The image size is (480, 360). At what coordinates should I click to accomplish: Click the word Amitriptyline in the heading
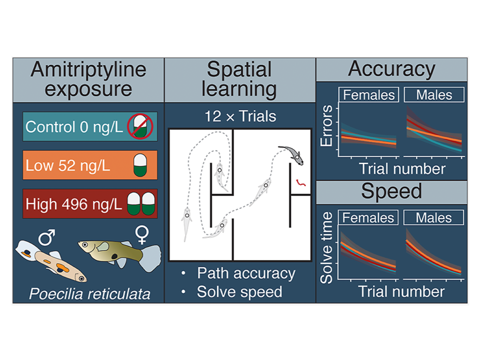pos(89,69)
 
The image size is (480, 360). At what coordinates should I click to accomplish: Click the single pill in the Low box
pos(140,165)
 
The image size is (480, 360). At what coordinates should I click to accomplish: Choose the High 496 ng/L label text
pos(74,204)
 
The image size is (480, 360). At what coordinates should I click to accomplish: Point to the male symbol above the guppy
pos(47,237)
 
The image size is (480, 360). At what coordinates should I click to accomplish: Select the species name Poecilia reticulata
pos(90,293)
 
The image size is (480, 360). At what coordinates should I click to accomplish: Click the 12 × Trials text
pos(240,116)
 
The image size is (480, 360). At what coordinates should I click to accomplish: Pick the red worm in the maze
pos(301,183)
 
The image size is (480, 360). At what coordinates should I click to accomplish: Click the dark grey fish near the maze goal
pos(292,154)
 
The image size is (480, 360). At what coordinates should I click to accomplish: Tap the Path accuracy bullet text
pos(246,273)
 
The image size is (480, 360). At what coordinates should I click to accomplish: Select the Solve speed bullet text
pos(239,292)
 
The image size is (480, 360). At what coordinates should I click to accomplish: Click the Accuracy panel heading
pos(391,69)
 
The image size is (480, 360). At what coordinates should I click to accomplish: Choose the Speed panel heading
pos(391,191)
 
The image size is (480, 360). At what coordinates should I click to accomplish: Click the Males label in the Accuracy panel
pos(434,95)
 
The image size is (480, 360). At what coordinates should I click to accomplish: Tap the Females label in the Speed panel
pos(368,218)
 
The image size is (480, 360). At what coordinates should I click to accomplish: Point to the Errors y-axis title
pos(326,126)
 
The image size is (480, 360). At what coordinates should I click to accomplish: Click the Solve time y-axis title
pos(326,248)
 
